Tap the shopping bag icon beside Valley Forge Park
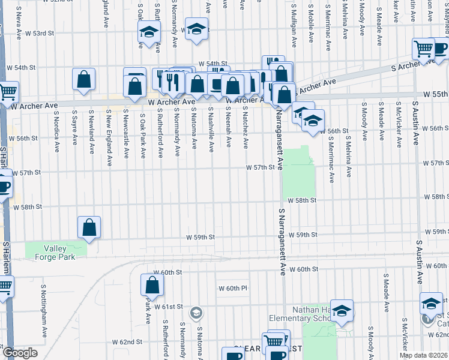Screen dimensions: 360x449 point(89,228)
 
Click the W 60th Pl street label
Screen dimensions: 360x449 point(237,289)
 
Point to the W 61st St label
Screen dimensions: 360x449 point(167,307)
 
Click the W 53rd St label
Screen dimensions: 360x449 point(52,34)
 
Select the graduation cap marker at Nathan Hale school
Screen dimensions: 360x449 point(342,311)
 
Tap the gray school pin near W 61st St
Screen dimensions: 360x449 point(196,313)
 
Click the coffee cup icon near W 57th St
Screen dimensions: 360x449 point(4,185)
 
